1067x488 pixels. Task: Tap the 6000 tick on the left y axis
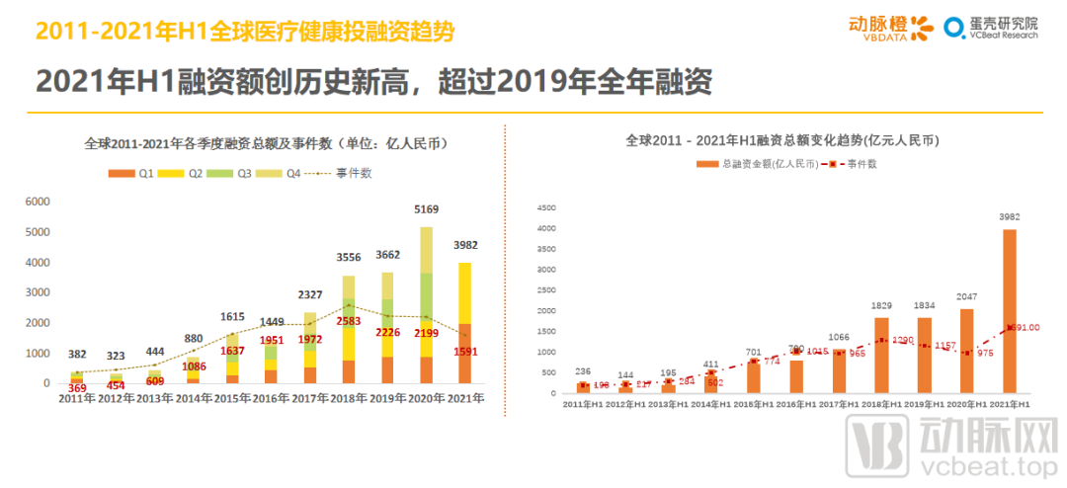[37, 201]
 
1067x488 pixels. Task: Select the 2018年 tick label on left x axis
[348, 398]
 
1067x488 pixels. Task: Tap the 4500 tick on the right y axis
[545, 208]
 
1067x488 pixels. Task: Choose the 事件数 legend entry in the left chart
[341, 173]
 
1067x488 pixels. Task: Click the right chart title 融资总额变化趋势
[781, 140]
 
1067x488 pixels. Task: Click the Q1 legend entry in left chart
[135, 173]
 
